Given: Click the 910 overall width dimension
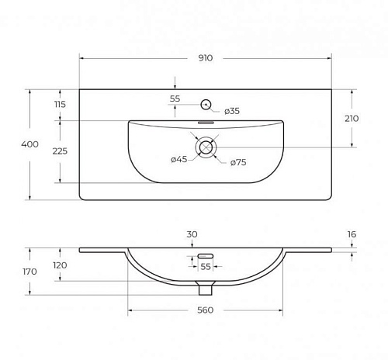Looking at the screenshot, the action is click(206, 58).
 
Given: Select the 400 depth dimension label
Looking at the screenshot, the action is click(29, 144).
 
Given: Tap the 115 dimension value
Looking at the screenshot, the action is click(60, 104).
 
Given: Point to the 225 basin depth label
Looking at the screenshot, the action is click(60, 151).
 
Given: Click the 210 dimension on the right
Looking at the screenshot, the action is click(352, 119).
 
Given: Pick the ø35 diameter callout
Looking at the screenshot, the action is click(232, 111).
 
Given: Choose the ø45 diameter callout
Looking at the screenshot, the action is click(179, 159).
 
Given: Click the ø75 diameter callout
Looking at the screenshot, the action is click(238, 162).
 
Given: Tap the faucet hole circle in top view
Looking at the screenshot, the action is click(206, 105).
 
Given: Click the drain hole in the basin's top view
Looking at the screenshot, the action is click(206, 147).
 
